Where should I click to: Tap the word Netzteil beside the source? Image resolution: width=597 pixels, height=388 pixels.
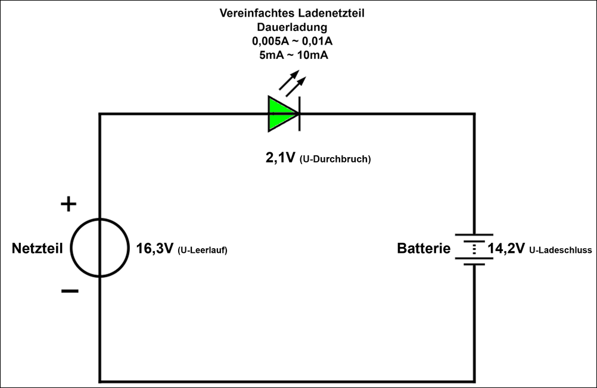tap(37, 249)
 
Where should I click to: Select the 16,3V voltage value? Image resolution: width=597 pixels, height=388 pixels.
tap(155, 249)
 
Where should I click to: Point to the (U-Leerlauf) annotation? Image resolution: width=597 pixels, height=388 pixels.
tap(203, 251)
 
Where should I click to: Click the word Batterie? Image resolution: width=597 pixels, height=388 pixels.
tap(424, 249)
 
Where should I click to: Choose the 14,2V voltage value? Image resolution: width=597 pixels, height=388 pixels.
tap(506, 249)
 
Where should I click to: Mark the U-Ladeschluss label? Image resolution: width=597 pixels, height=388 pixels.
tap(560, 251)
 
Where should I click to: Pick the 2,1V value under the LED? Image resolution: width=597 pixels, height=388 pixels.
tap(280, 158)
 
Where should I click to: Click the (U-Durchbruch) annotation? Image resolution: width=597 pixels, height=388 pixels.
tap(335, 159)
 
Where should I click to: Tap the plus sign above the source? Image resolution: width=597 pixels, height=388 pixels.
tap(69, 205)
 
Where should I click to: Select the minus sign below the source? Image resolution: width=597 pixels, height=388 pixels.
tap(69, 291)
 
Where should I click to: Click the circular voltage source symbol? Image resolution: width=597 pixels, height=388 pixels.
tap(99, 248)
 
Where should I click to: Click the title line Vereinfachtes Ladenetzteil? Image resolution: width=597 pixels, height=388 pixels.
tap(291, 13)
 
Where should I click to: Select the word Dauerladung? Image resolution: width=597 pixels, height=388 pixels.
tap(292, 27)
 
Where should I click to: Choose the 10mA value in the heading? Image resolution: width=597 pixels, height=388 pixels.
tap(312, 55)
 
